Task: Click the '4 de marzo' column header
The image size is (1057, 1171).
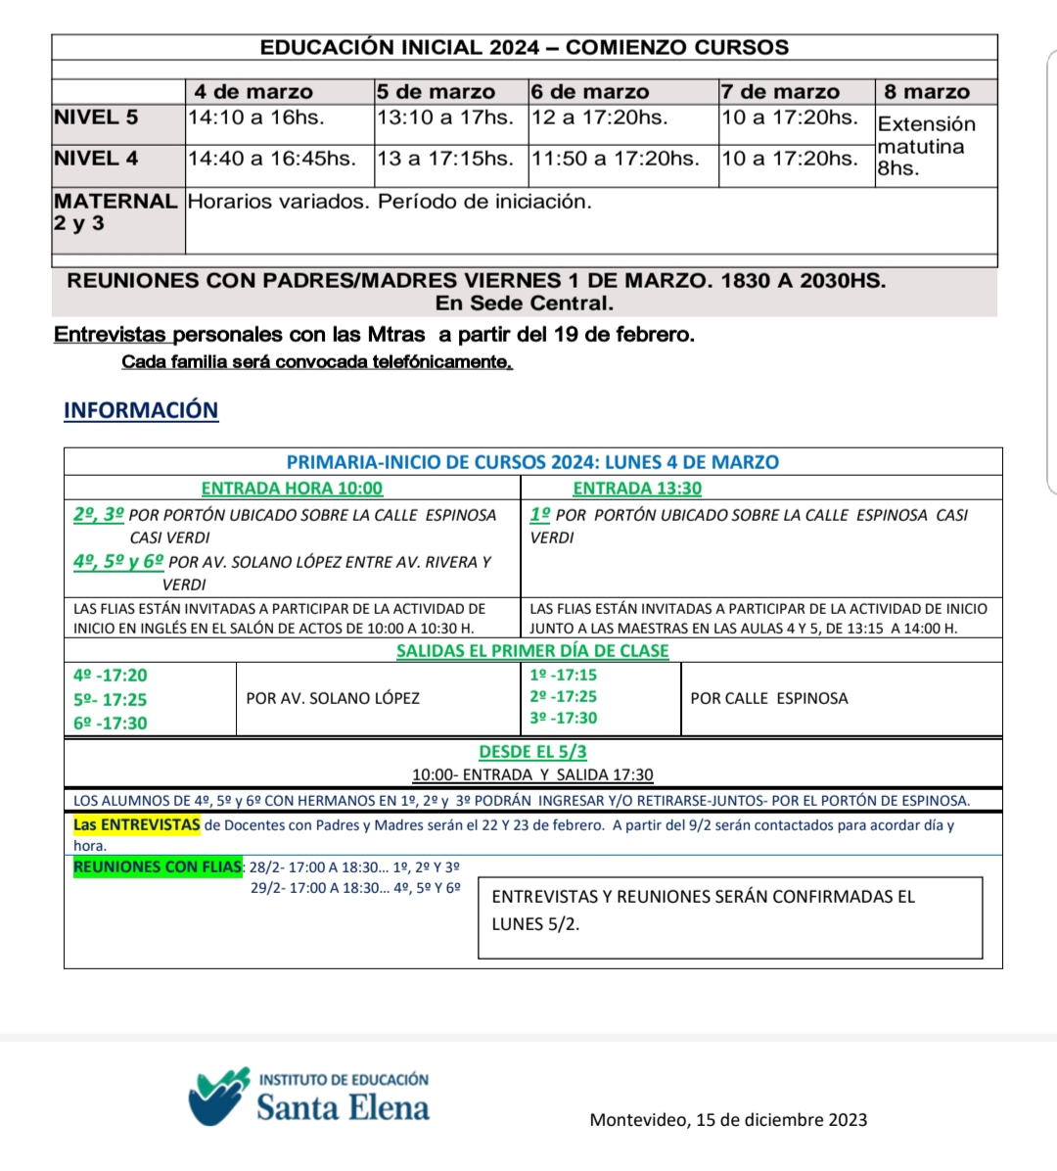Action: (x=253, y=92)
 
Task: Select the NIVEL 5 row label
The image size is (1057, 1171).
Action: (x=96, y=117)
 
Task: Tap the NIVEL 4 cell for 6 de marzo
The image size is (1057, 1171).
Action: (x=615, y=159)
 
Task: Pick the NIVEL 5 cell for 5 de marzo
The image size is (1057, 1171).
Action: (x=444, y=117)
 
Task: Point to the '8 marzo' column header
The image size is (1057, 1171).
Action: (x=927, y=92)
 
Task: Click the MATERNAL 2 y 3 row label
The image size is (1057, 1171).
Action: (x=115, y=212)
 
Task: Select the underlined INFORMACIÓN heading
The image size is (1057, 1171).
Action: (x=141, y=410)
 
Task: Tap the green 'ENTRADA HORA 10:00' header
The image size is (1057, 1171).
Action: (x=292, y=488)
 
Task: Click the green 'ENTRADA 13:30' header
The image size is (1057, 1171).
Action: (x=637, y=488)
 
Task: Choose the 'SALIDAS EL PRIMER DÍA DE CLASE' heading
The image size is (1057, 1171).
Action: (x=532, y=651)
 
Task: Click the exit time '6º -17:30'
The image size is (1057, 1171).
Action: (x=111, y=724)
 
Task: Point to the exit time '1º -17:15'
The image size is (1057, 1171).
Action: (x=563, y=676)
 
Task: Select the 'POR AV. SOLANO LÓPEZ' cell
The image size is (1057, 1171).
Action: (x=333, y=698)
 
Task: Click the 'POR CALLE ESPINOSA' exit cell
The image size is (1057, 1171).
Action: (x=769, y=698)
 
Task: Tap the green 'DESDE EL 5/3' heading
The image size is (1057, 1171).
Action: (x=532, y=752)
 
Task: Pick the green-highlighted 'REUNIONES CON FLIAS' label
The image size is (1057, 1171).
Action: (x=158, y=867)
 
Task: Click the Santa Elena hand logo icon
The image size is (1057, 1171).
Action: (x=219, y=1098)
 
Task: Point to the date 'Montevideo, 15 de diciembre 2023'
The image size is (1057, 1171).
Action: (x=728, y=1120)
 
